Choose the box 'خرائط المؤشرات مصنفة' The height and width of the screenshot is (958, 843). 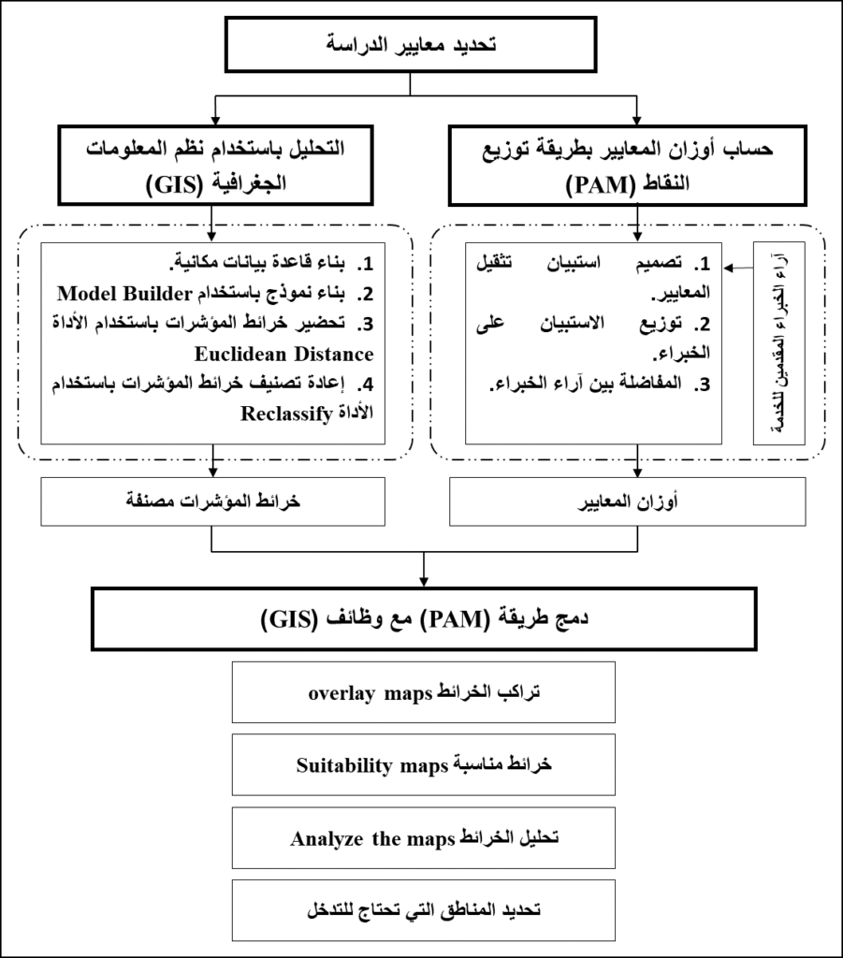pyautogui.click(x=214, y=503)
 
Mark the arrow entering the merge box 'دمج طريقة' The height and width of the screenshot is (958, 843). pyautogui.click(x=424, y=575)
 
